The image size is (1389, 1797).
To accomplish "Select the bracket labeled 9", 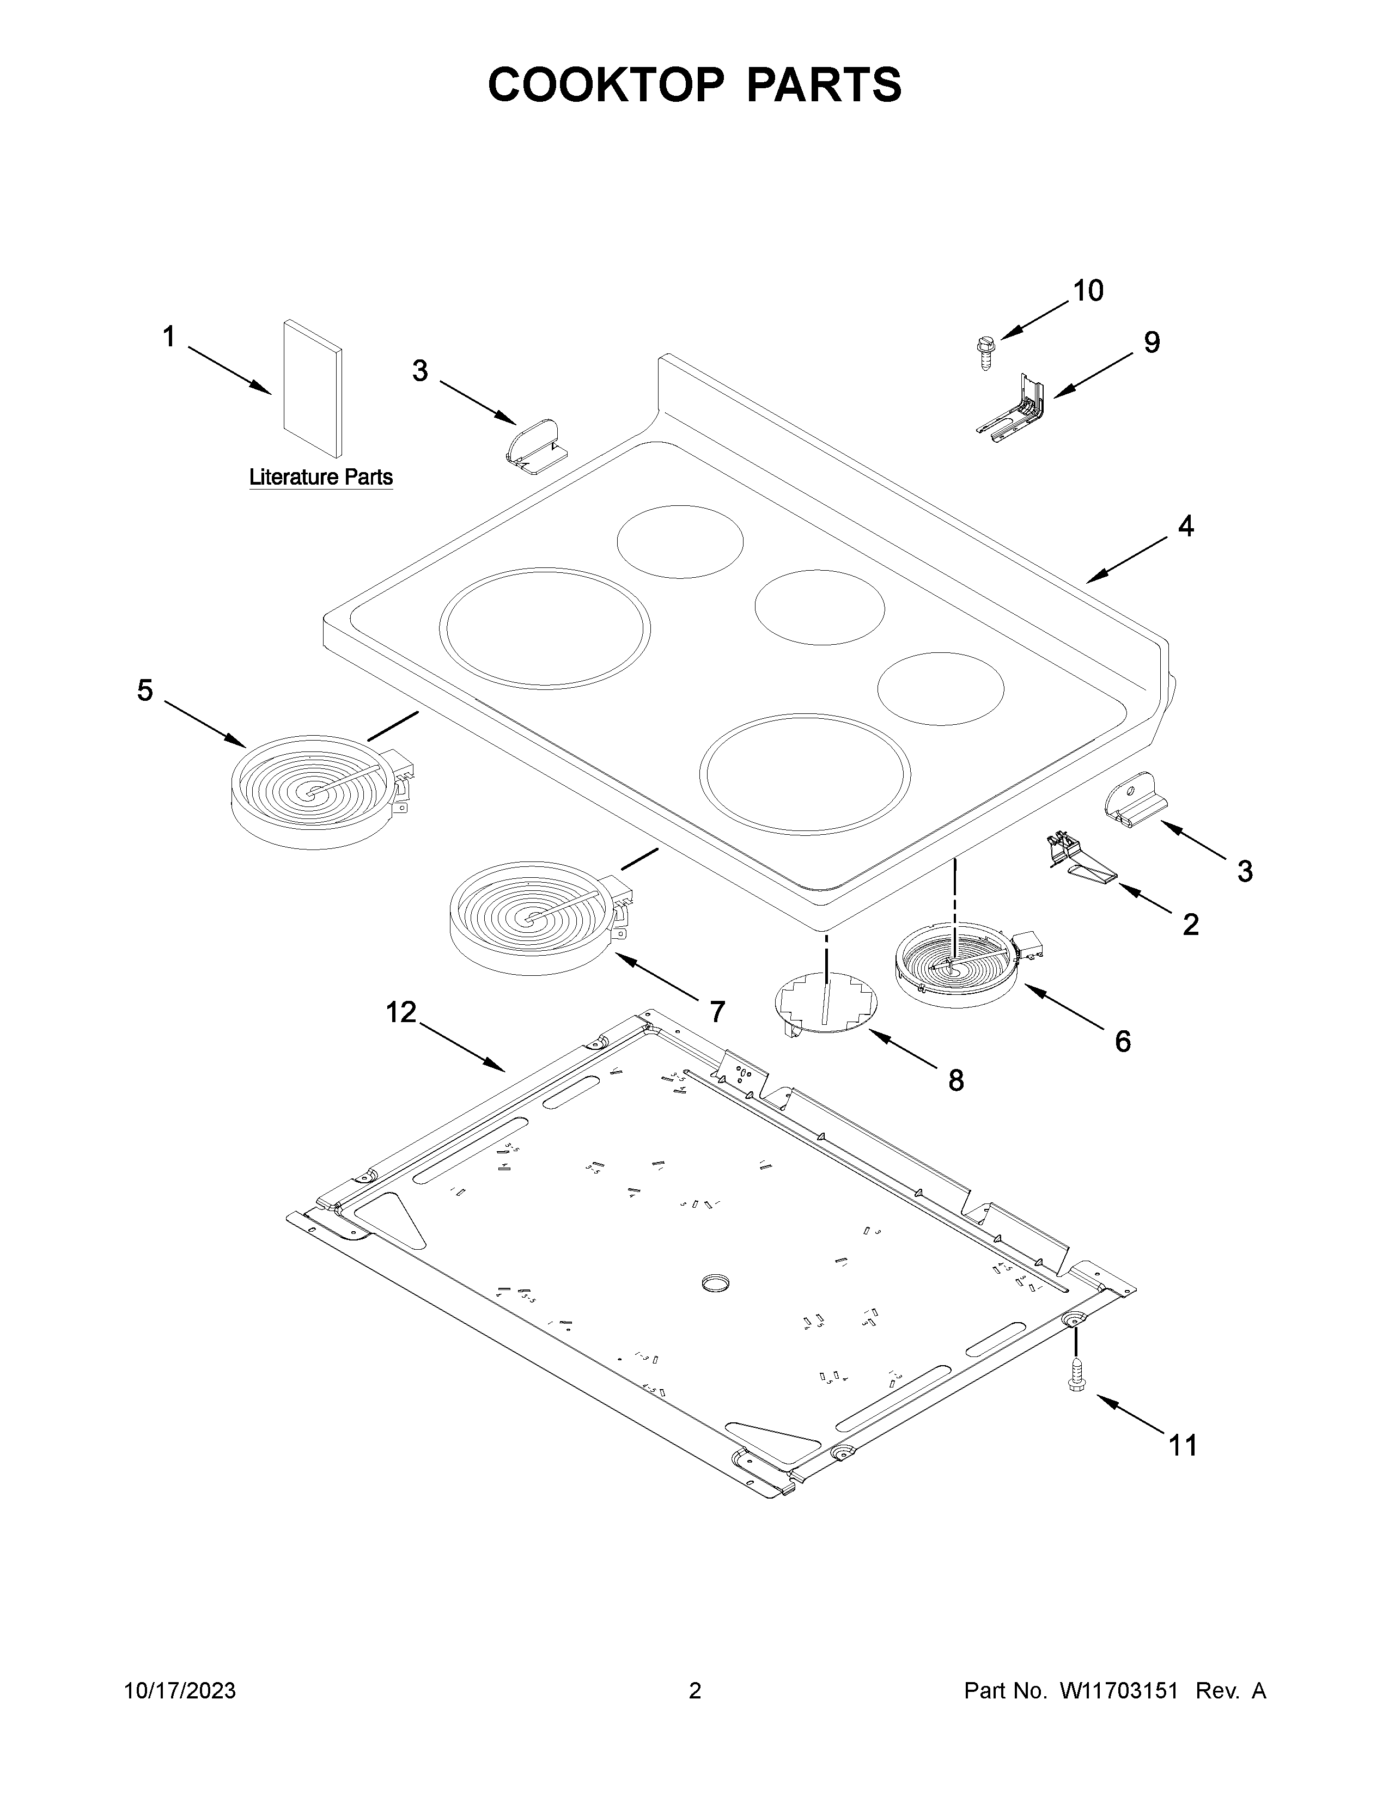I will [1015, 407].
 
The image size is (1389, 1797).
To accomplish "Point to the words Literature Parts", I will [321, 477].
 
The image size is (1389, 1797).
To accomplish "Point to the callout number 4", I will [1185, 527].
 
